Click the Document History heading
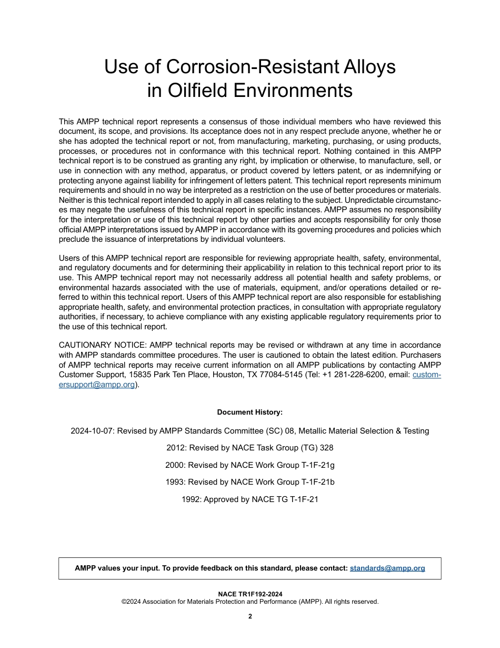point(249,412)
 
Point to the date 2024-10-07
point(92,431)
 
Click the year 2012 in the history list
point(176,448)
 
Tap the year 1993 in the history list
point(176,482)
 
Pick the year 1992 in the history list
point(191,499)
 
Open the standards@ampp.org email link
point(387,568)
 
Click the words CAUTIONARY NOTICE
point(103,345)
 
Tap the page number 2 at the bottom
point(250,616)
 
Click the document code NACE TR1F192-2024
point(250,594)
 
